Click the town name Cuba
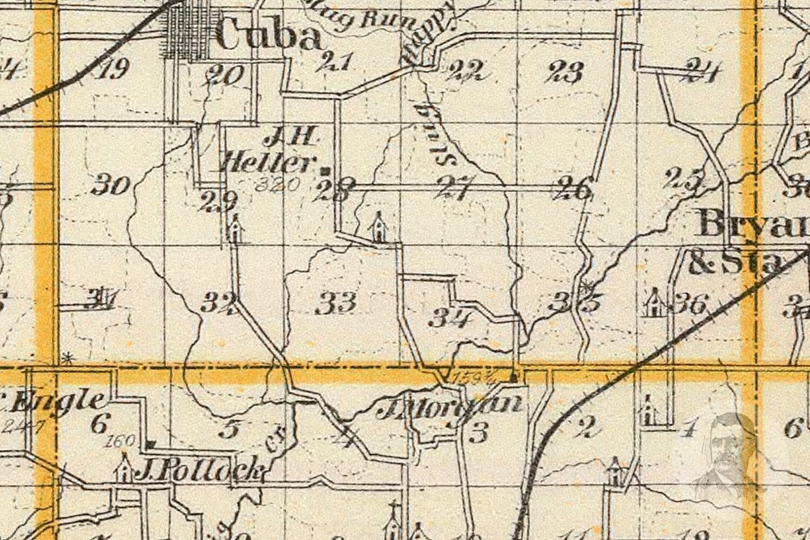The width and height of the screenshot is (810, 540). (x=268, y=37)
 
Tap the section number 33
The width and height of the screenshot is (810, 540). (x=335, y=302)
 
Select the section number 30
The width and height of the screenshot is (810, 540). (x=111, y=186)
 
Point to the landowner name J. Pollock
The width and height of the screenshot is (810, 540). (x=200, y=472)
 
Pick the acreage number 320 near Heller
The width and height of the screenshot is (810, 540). (x=276, y=185)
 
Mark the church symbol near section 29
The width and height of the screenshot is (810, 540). (x=235, y=229)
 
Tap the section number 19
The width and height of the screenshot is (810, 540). (x=113, y=69)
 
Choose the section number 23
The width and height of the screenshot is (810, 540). (x=566, y=71)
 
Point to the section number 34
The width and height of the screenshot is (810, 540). (x=450, y=319)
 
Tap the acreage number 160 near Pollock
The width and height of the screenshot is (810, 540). (x=121, y=441)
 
